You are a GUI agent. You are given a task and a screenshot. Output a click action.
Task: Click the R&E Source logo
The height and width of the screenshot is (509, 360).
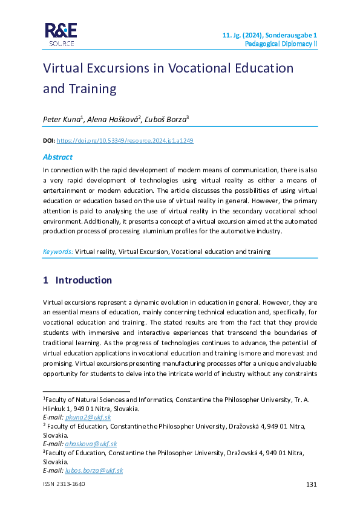pyautogui.click(x=60, y=34)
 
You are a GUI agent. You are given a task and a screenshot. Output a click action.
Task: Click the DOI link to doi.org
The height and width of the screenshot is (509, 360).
pyautogui.click(x=125, y=140)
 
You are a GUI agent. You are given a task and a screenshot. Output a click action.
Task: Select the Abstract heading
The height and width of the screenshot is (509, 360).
pyautogui.click(x=57, y=157)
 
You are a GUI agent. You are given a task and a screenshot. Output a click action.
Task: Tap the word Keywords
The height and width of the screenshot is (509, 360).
pyautogui.click(x=58, y=251)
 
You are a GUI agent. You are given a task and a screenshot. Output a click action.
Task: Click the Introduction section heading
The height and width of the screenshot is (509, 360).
pyautogui.click(x=83, y=280)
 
